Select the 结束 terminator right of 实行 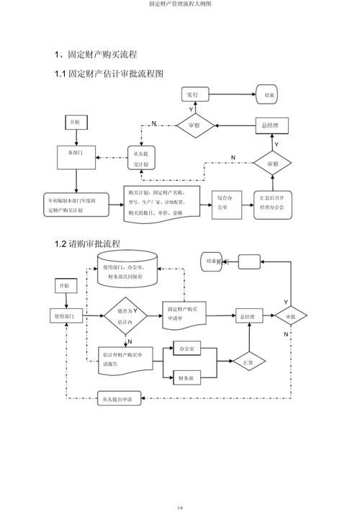pyautogui.click(x=268, y=94)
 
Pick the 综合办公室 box pyautogui.click(x=223, y=202)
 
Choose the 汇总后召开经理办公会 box pyautogui.click(x=271, y=202)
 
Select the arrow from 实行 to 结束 pyautogui.click(x=231, y=94)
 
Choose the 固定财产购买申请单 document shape pyautogui.click(x=186, y=314)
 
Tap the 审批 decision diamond pyautogui.click(x=290, y=316)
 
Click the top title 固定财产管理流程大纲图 pyautogui.click(x=180, y=4)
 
